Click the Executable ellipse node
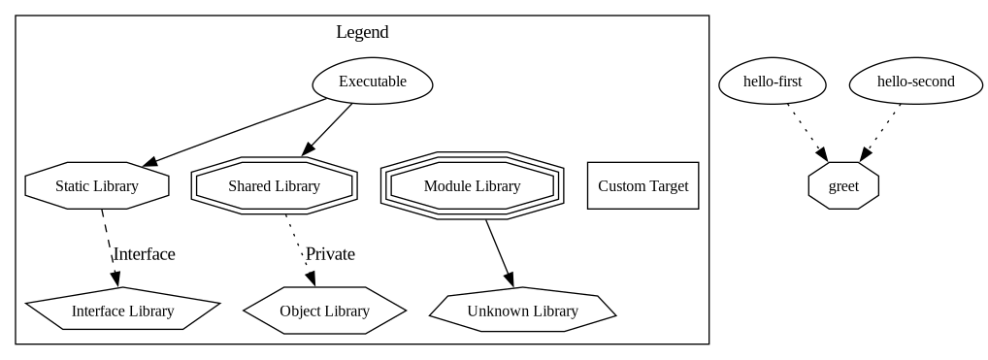click(x=372, y=82)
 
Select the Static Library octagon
click(x=97, y=185)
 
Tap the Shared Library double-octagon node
click(x=275, y=185)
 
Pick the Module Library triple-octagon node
click(x=472, y=185)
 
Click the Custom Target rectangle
click(x=642, y=185)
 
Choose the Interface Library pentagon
click(x=122, y=311)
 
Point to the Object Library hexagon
click(x=324, y=311)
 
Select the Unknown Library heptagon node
click(x=522, y=311)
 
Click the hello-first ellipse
click(x=773, y=82)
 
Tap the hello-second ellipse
click(x=915, y=82)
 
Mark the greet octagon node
click(x=843, y=185)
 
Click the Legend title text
click(x=362, y=32)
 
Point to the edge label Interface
click(x=145, y=254)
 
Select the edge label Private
click(x=330, y=254)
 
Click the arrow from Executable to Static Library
click(x=233, y=131)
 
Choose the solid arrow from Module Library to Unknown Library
click(x=499, y=252)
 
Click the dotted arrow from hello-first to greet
click(x=807, y=132)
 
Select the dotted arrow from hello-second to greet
click(x=880, y=132)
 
